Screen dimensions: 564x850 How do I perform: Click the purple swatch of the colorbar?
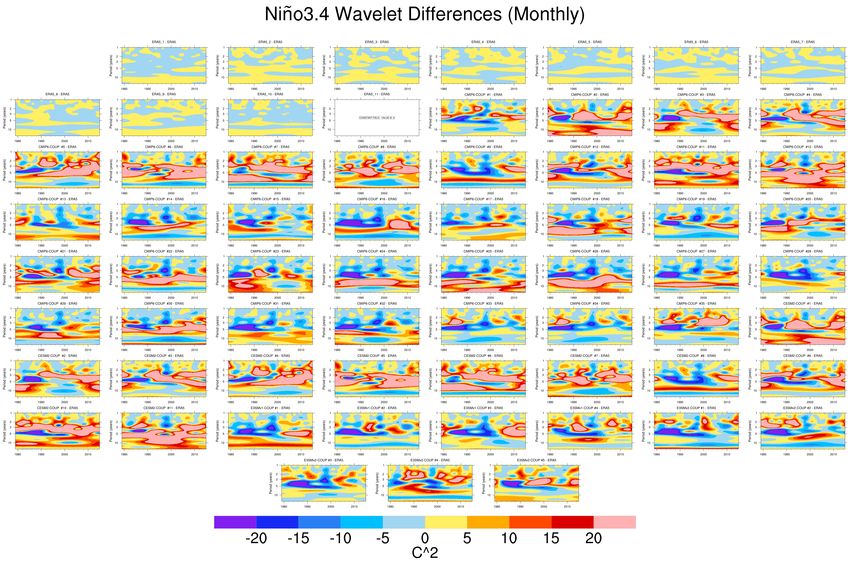coord(235,522)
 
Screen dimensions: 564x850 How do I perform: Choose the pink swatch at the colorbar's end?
coord(614,522)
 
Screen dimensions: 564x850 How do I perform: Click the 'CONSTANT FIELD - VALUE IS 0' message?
coord(377,118)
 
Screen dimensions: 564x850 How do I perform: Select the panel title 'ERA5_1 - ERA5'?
coord(164,42)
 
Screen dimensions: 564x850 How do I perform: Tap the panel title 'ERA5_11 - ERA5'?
coord(377,94)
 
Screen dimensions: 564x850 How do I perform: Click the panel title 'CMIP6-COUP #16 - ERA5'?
coord(377,199)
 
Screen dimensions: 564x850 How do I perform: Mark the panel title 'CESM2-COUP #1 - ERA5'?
coord(802,304)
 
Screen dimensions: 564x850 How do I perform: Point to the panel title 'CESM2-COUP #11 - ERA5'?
coord(164,408)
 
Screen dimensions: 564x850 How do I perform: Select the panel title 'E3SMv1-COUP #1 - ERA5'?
coord(270,408)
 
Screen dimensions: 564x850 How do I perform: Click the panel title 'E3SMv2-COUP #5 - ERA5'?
coord(536,460)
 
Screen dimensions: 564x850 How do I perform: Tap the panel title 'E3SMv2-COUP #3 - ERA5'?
coord(324,460)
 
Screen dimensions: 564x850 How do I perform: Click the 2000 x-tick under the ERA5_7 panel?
coord(810,89)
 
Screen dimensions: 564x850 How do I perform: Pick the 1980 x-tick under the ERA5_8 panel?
coord(18,141)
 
